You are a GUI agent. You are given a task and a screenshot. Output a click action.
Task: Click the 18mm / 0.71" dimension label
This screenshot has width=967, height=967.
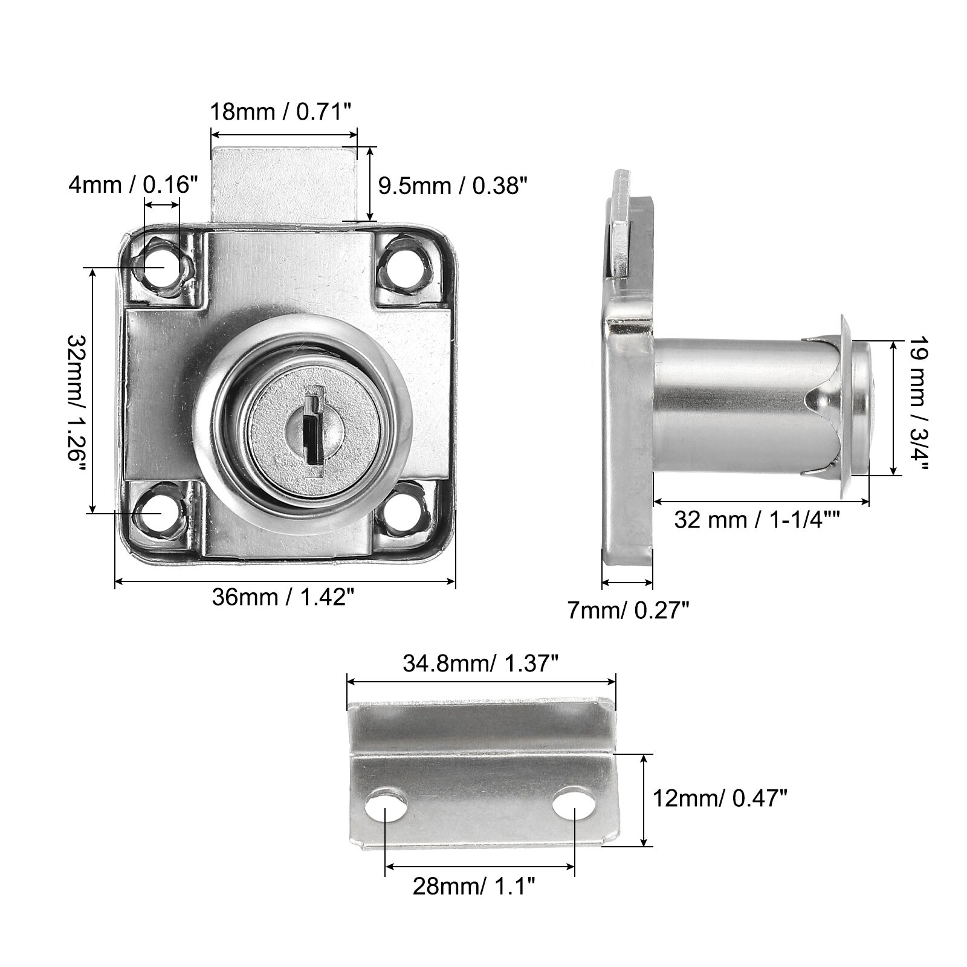pos(280,112)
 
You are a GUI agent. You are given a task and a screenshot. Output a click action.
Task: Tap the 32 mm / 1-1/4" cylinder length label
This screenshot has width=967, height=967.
pos(758,520)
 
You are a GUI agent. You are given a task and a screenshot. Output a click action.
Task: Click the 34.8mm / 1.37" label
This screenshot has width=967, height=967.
pos(480,664)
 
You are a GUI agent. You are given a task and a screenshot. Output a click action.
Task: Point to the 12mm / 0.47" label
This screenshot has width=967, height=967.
pos(720,800)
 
